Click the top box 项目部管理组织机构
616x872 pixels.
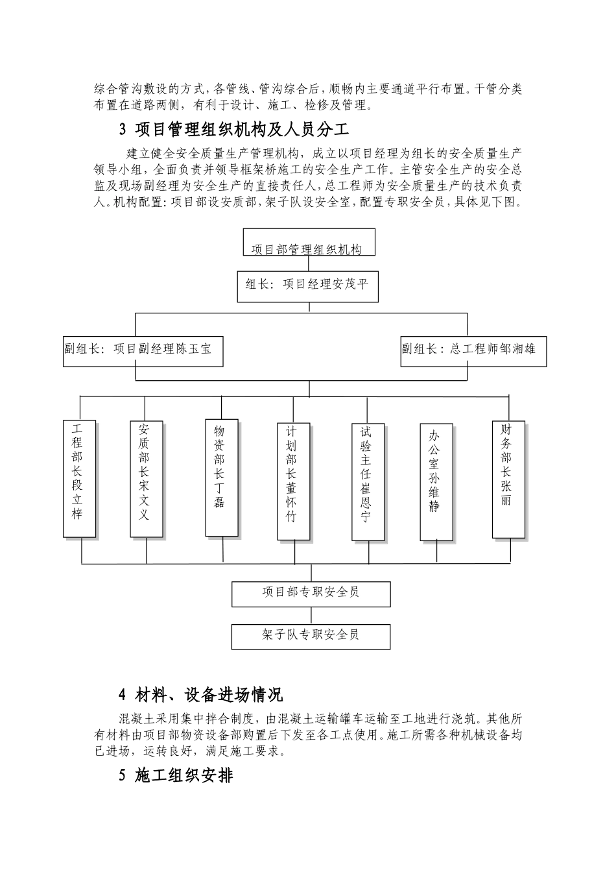tap(309, 243)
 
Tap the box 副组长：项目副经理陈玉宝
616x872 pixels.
tap(143, 351)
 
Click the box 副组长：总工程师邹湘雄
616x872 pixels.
tap(473, 351)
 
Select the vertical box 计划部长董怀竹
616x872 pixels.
tap(292, 481)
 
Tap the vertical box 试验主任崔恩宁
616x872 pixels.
tap(368, 482)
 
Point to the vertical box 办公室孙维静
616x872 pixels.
tap(436, 482)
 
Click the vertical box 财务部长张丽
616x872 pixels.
tap(509, 479)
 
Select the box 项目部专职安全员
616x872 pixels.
tap(311, 594)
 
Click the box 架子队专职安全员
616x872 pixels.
tap(311, 636)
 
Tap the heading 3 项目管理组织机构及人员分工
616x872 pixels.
tap(235, 130)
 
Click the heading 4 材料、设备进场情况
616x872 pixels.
tap(200, 696)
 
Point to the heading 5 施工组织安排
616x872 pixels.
tap(176, 775)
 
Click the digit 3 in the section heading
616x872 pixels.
tap(123, 130)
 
